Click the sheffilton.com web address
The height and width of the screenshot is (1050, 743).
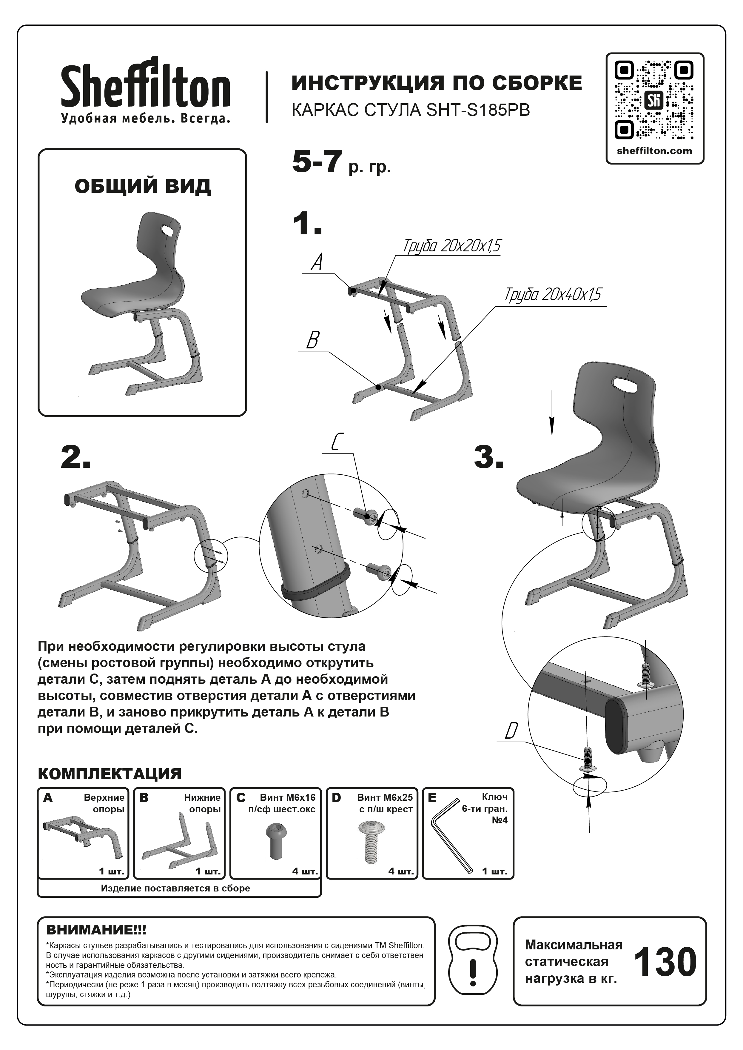[x=654, y=151]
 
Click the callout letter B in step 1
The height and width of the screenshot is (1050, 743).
[x=312, y=340]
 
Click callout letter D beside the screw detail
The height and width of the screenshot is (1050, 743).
[x=511, y=731]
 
